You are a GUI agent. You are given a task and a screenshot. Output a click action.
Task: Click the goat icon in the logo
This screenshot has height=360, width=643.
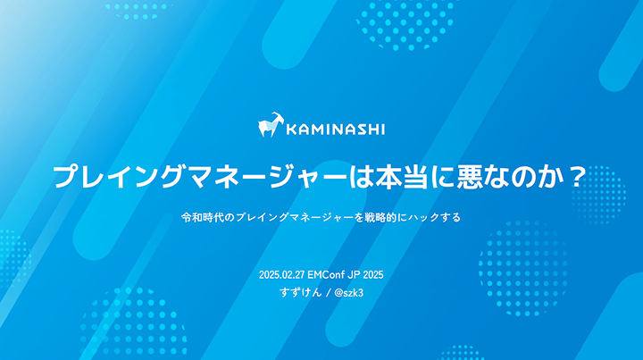(x=271, y=125)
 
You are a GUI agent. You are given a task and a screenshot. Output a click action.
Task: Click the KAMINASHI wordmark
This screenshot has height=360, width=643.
(x=336, y=130)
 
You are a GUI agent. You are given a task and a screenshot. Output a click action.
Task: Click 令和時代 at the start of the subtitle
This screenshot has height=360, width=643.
(x=198, y=217)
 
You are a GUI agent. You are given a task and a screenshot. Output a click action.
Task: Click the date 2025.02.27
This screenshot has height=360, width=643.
(x=281, y=275)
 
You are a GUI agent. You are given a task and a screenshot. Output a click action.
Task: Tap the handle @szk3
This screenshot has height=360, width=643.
(x=349, y=293)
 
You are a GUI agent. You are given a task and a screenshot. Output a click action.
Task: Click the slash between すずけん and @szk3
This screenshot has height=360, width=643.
(x=328, y=293)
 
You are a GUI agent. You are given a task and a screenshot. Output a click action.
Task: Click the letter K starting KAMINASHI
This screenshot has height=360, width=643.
(x=291, y=130)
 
